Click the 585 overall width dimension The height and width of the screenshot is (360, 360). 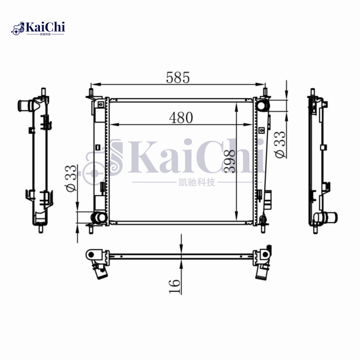(178, 77)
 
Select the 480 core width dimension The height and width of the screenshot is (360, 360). (181, 117)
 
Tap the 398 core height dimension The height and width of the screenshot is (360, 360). (229, 161)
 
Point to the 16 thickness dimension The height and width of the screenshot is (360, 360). (175, 286)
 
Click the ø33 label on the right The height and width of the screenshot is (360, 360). (280, 144)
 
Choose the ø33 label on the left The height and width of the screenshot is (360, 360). (71, 178)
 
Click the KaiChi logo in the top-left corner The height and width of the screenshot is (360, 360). (38, 28)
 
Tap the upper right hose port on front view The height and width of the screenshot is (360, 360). (262, 105)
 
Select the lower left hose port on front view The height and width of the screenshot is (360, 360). (99, 217)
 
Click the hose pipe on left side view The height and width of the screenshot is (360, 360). (25, 106)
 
